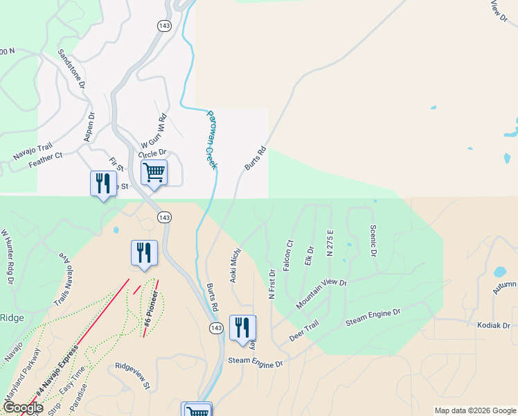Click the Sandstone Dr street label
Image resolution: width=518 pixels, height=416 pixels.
tap(71, 68)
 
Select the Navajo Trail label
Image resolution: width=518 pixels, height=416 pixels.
tap(33, 152)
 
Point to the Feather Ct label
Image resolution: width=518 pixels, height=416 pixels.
tap(46, 160)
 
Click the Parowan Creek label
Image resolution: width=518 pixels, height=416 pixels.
tap(211, 139)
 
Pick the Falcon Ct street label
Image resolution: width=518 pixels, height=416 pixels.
tap(289, 254)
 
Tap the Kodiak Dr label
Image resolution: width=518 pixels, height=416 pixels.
tap(493, 325)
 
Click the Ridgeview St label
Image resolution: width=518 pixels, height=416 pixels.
tap(133, 365)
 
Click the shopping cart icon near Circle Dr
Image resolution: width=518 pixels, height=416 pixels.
tap(154, 171)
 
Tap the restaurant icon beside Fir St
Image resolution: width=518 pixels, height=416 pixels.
tap(103, 184)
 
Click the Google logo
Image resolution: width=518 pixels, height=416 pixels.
tap(23, 408)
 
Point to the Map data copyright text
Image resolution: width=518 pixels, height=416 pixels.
tap(474, 410)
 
